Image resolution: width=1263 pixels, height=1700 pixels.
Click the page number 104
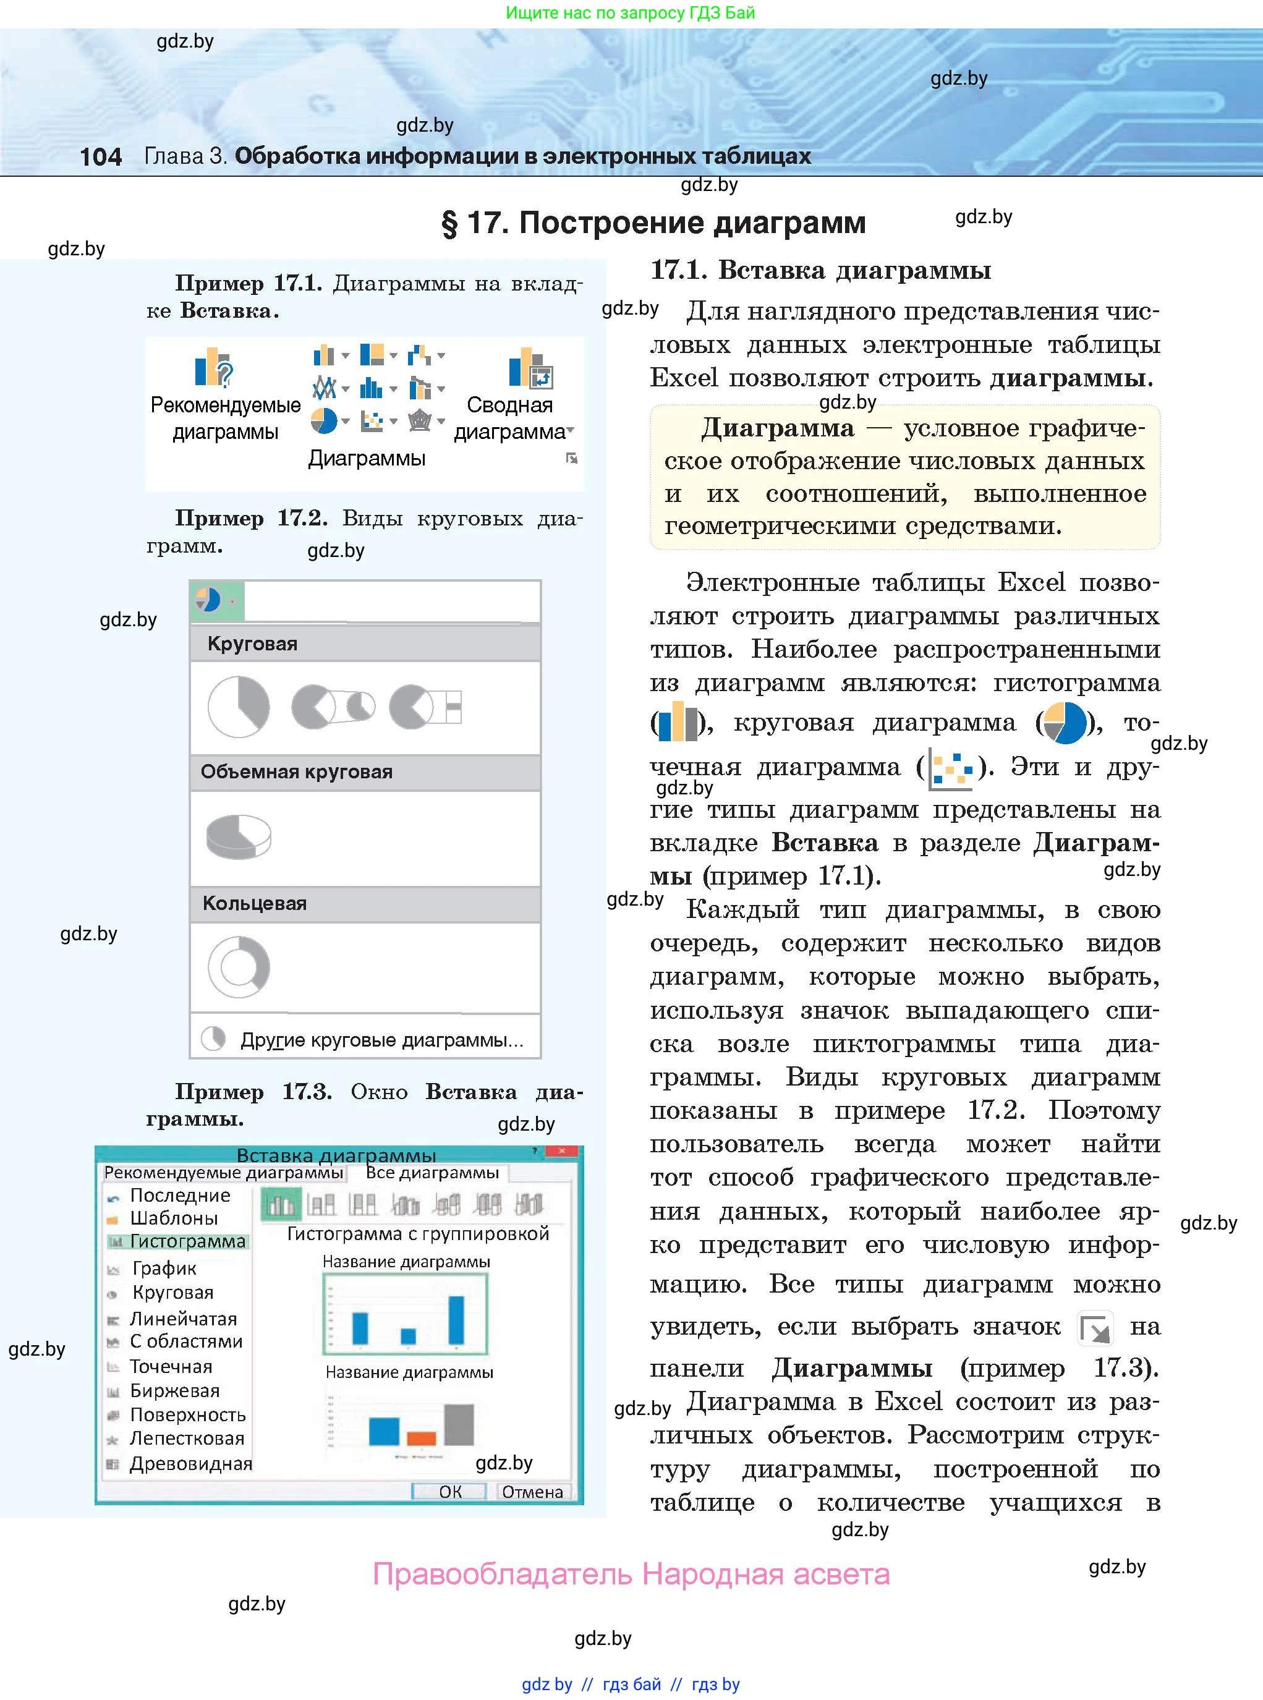click(100, 156)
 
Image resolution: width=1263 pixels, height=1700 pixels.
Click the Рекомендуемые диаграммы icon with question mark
click(213, 368)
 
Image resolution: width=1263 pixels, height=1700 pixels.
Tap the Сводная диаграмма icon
click(529, 369)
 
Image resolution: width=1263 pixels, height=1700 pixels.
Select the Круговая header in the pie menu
click(252, 644)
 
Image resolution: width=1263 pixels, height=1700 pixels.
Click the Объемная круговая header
click(297, 772)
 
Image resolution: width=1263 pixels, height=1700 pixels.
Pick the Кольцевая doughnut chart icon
click(239, 967)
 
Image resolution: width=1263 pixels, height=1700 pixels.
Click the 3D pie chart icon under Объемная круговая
click(239, 836)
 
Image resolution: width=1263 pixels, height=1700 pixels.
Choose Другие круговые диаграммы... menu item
click(381, 1040)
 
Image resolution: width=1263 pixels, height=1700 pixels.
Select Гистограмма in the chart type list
click(187, 1241)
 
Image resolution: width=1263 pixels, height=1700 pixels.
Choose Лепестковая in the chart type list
click(187, 1438)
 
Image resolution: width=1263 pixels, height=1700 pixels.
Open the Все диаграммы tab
click(432, 1173)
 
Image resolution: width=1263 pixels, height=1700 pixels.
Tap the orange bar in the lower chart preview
click(421, 1438)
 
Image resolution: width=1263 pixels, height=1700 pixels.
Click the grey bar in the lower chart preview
click(459, 1424)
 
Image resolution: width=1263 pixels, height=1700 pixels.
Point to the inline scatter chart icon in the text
click(950, 767)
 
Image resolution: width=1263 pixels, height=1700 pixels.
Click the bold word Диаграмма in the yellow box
click(778, 428)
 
